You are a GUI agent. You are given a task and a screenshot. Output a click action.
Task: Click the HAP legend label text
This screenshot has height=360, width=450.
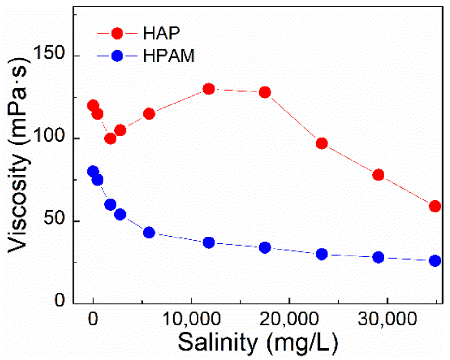(161, 33)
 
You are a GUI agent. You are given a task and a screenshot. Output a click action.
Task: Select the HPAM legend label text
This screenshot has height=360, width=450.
(168, 56)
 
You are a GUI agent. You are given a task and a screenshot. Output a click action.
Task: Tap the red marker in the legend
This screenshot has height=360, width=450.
(117, 33)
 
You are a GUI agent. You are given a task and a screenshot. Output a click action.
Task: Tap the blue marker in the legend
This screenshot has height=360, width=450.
(117, 56)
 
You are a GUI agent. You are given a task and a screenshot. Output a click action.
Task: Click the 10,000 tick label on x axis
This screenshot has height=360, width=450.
(191, 319)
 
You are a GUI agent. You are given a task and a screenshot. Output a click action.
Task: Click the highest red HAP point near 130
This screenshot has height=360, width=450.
(209, 89)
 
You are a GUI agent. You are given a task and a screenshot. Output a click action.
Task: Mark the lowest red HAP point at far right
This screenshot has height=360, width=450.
(435, 206)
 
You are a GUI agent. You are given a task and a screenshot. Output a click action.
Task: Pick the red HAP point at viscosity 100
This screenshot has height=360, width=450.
(110, 138)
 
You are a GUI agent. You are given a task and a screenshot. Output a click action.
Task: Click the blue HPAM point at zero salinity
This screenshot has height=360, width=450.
(93, 171)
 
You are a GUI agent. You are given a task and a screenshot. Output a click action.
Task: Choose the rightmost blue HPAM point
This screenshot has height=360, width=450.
(435, 261)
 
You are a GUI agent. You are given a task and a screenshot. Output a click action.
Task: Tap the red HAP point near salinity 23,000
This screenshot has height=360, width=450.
(322, 144)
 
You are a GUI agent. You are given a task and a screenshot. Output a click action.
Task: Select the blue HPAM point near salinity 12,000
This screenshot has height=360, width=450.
(209, 243)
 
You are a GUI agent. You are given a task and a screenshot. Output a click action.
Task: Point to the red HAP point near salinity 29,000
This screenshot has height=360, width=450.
(378, 175)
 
